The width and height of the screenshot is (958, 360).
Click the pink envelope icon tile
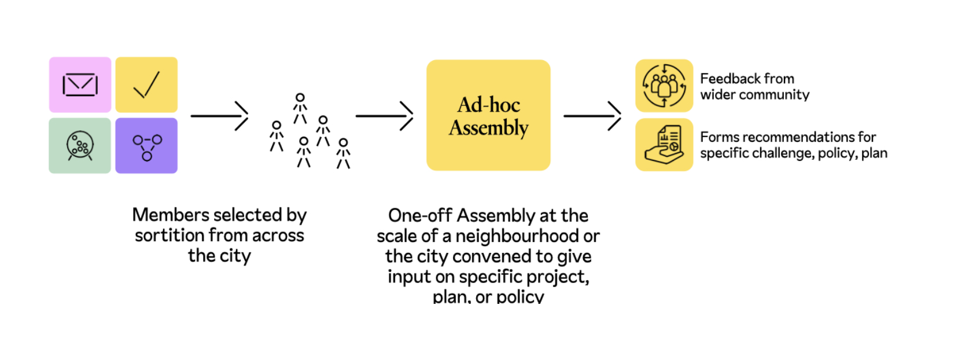[x=80, y=85]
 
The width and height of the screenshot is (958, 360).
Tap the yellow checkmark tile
[x=146, y=85]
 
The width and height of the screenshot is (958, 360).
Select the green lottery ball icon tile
[x=80, y=146]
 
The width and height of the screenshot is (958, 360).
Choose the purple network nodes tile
[x=146, y=146]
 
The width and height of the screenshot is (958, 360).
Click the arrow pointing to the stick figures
[x=219, y=116]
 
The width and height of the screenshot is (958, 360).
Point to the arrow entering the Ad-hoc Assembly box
[x=384, y=116]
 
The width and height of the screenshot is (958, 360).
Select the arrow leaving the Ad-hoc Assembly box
[x=592, y=116]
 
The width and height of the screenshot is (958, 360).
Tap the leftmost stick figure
[x=277, y=136]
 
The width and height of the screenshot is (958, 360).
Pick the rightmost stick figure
[x=344, y=153]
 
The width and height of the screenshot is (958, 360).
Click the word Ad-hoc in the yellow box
[x=489, y=105]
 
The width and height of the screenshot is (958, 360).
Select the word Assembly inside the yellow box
[x=489, y=128]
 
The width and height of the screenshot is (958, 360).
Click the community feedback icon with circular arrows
[x=664, y=86]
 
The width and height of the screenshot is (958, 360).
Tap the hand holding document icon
[x=664, y=145]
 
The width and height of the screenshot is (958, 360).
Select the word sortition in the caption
[x=170, y=236]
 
